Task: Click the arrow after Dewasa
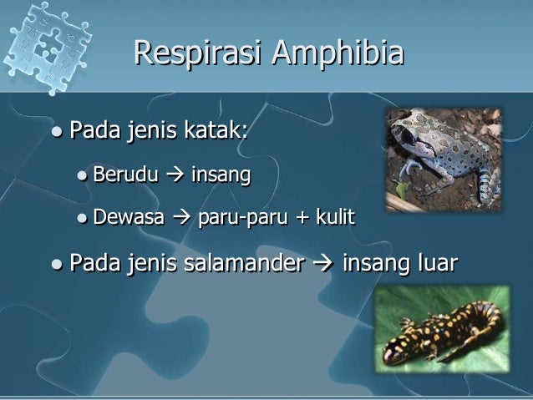181,219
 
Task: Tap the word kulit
335,219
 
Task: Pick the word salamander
241,265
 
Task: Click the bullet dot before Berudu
81,176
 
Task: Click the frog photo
444,159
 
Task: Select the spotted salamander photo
441,330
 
